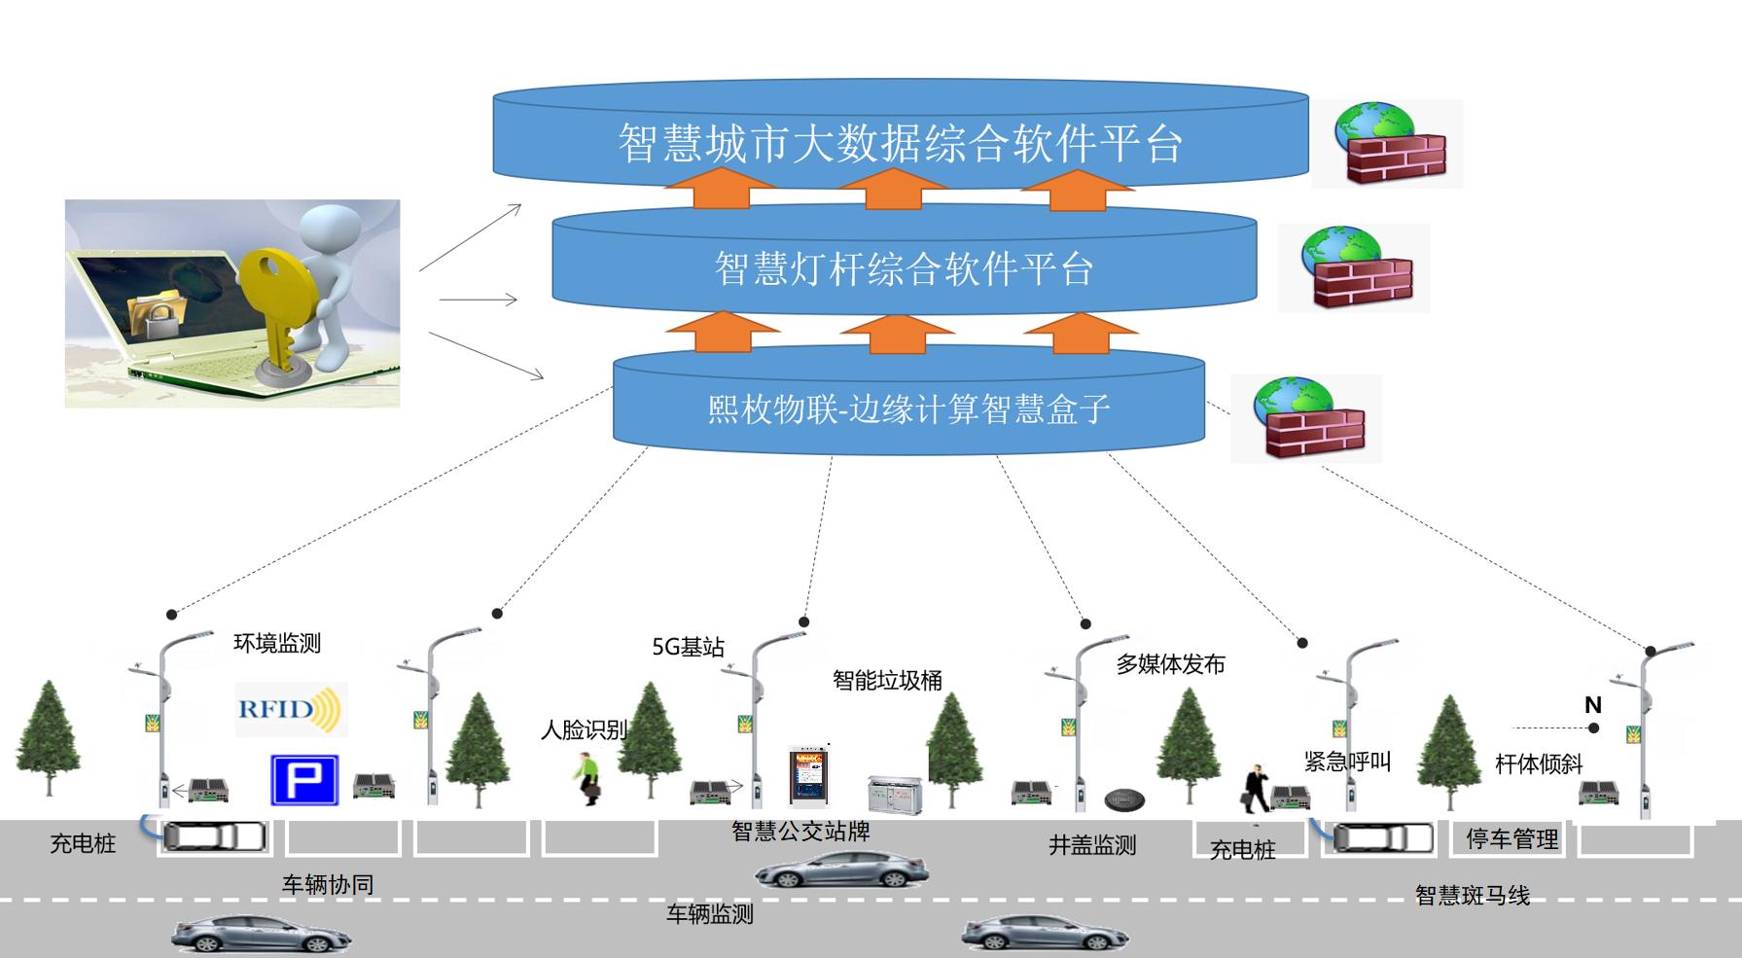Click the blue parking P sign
coord(303,779)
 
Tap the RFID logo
coord(289,708)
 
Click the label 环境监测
coord(277,643)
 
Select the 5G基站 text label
coord(687,647)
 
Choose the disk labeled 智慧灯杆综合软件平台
coord(904,268)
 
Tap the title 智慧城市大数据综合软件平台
coord(900,144)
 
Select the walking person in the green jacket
coord(587,778)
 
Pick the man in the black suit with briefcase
coord(1255,790)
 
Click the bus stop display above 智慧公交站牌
coord(808,775)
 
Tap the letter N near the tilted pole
coord(1592,705)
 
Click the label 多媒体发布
coord(1170,665)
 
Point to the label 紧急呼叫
coord(1347,762)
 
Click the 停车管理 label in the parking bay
coord(1511,839)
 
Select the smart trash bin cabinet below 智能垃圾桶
coord(894,794)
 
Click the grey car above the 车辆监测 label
coord(841,869)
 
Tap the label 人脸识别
coord(584,729)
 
